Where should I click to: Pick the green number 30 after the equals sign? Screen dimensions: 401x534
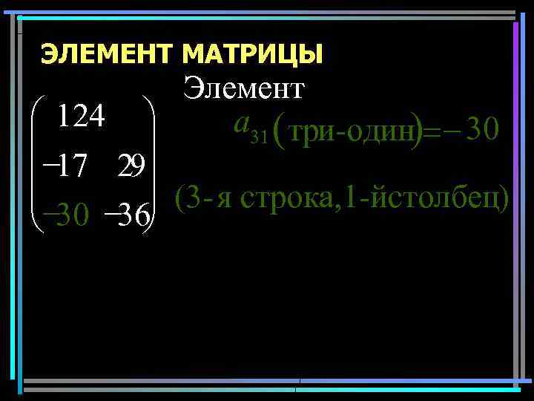point(484,131)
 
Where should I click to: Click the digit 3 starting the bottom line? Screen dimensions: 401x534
point(191,199)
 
